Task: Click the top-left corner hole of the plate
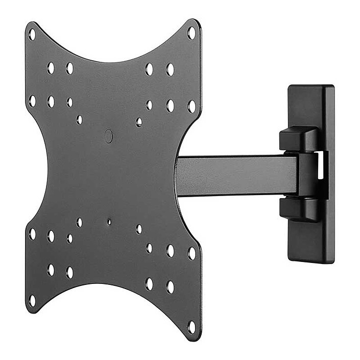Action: click(32, 35)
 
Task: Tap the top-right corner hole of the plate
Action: click(191, 33)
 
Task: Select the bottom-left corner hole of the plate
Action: click(32, 300)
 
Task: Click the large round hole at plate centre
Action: click(108, 136)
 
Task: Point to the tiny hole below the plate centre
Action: click(109, 222)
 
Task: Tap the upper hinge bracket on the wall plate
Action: click(299, 139)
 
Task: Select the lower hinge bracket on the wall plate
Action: click(299, 209)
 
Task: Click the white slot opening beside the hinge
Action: click(320, 165)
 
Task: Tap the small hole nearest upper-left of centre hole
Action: click(79, 120)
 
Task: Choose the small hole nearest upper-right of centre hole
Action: click(138, 122)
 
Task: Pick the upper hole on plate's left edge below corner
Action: click(32, 101)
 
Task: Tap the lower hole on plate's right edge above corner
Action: click(191, 253)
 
